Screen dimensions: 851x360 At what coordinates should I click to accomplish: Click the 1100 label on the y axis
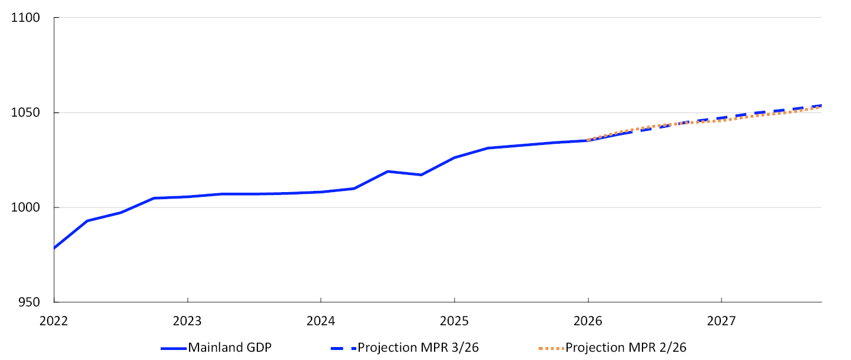tap(25, 18)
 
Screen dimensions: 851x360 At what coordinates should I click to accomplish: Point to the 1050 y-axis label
tap(25, 113)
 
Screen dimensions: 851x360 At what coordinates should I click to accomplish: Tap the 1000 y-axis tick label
tap(25, 207)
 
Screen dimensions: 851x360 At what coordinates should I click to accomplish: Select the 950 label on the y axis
tap(29, 302)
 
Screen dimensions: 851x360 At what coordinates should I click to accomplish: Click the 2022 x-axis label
tap(54, 321)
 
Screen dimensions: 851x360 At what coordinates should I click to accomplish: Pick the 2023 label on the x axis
tap(187, 321)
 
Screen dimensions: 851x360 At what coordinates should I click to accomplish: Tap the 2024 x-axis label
tap(320, 321)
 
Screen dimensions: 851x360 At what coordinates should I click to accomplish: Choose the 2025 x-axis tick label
tap(454, 321)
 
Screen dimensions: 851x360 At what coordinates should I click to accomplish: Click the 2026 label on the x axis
tap(588, 321)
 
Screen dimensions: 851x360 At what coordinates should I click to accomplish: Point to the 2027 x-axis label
tap(721, 321)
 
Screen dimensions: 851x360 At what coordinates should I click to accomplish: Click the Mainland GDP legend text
tap(230, 348)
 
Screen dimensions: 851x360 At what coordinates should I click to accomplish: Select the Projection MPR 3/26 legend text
tap(418, 348)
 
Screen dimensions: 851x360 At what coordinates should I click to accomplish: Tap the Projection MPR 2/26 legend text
tap(626, 348)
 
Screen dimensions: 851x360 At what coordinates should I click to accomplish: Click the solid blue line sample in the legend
tap(174, 348)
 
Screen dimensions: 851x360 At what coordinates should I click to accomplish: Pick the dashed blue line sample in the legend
tap(343, 348)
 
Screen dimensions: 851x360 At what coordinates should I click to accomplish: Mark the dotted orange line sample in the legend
tap(551, 348)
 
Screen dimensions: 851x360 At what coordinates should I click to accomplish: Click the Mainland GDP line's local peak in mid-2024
tap(388, 171)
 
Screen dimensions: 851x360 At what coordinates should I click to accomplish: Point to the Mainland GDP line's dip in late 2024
tap(421, 175)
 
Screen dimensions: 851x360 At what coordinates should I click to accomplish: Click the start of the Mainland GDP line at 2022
tap(54, 248)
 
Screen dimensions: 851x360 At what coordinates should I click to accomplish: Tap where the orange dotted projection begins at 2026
tap(588, 140)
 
